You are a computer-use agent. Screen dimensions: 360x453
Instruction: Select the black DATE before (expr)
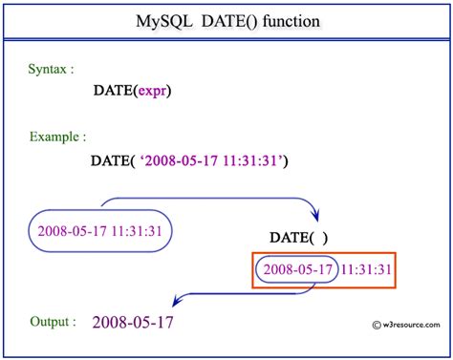point(113,91)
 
